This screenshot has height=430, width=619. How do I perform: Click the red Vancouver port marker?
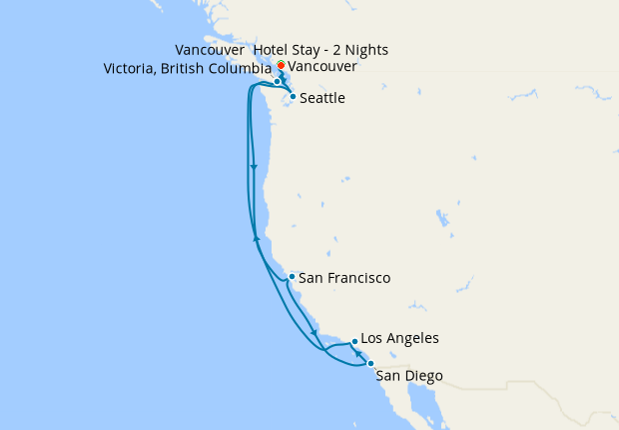pos(282,66)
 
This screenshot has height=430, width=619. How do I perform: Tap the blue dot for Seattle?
pos(292,97)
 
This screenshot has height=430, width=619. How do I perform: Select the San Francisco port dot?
pos(291,277)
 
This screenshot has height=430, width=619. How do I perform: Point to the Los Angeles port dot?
pos(353,341)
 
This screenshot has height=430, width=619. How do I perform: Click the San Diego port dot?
pos(370,364)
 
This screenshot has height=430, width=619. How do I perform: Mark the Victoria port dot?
pos(278,82)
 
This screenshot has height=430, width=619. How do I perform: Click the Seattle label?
pos(321,98)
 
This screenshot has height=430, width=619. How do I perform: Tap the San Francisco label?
pos(344,278)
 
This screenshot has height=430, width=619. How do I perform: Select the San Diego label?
pos(409,376)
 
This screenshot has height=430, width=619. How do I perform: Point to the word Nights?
pos(365,50)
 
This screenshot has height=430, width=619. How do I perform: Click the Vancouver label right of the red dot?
pos(322,66)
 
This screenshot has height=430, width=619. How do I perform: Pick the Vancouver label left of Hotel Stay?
pos(209,50)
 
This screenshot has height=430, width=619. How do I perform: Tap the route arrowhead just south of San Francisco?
pos(313,333)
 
